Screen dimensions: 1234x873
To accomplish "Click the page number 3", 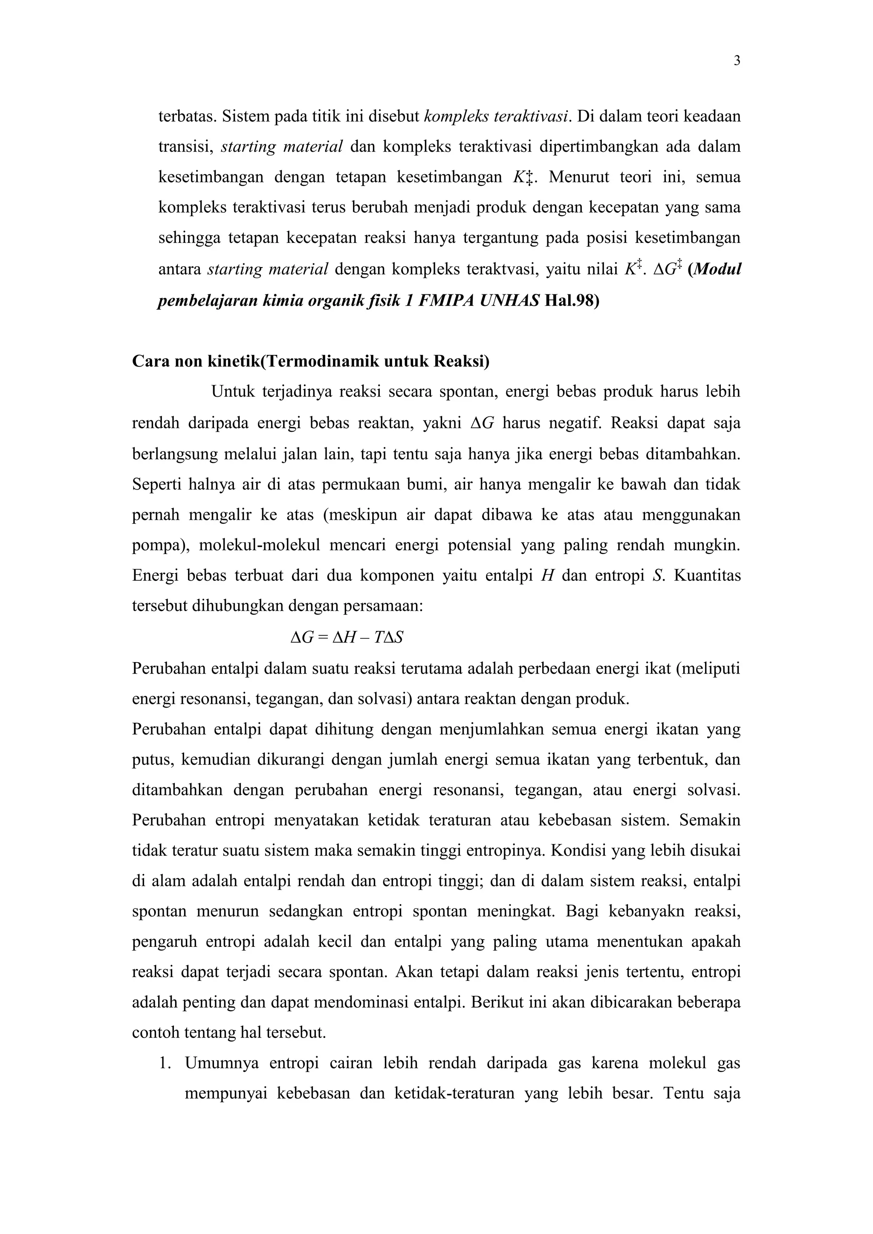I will coord(737,61).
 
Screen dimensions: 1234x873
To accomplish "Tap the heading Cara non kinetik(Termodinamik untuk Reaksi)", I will coord(311,361).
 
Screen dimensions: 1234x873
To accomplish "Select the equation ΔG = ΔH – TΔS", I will coord(347,637).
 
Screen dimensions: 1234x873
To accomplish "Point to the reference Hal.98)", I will coord(572,300).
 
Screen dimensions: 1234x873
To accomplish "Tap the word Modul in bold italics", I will coord(717,269).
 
